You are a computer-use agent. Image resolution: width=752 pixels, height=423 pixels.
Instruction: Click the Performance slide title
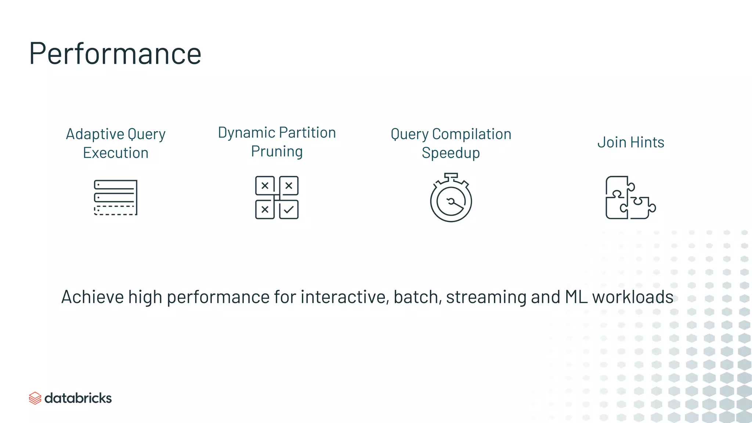coord(115,54)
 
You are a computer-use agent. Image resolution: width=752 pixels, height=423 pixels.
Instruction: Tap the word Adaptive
coord(90,134)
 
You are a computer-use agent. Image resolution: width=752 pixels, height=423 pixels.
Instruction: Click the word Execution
coord(116,153)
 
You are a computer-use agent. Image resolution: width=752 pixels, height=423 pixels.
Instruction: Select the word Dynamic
coord(246,133)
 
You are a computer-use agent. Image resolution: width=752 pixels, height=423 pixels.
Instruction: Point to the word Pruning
coord(277,151)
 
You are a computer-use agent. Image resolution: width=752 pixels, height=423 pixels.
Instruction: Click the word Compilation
coord(472,134)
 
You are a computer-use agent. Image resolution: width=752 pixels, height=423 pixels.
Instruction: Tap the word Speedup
coord(451,153)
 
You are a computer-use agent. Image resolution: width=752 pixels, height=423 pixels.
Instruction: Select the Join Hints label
coord(630,142)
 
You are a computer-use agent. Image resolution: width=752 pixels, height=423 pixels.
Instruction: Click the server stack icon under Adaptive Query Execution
coord(116,197)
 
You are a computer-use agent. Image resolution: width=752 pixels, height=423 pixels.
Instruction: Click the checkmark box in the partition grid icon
coord(289,210)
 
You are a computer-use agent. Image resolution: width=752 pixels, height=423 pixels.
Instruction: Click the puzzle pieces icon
coord(630,198)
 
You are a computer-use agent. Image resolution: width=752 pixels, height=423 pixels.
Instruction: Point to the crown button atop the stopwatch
coord(451,176)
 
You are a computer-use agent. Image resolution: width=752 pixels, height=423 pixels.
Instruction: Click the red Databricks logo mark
coord(35,398)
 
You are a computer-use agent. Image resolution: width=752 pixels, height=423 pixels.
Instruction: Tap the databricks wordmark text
coord(78,398)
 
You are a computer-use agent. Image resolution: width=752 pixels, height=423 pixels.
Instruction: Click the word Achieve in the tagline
coord(93,297)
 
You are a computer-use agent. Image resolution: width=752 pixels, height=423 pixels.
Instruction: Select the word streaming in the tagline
coord(486,297)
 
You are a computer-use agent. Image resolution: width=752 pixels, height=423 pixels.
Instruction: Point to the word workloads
coord(633,297)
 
